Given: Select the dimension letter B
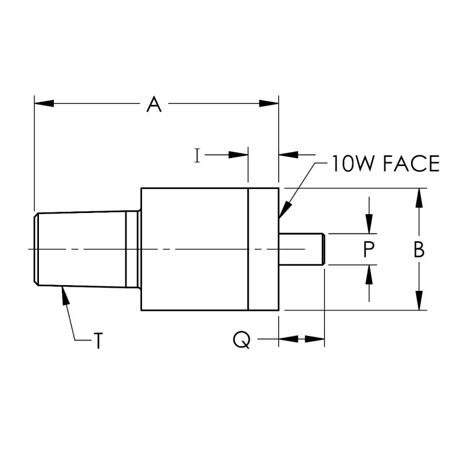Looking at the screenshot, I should [x=419, y=250].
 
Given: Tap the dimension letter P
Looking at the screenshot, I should [x=370, y=249].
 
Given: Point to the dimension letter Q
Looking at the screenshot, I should [x=242, y=340].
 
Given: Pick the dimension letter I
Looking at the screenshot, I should [x=197, y=155].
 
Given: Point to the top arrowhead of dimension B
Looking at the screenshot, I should [x=420, y=198].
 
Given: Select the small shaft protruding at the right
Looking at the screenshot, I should [x=302, y=249].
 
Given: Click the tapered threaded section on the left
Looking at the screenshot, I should [x=80, y=249].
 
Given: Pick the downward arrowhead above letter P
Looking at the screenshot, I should [x=370, y=225].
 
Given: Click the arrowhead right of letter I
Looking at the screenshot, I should [x=239, y=155].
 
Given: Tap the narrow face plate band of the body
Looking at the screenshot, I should [x=263, y=249].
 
